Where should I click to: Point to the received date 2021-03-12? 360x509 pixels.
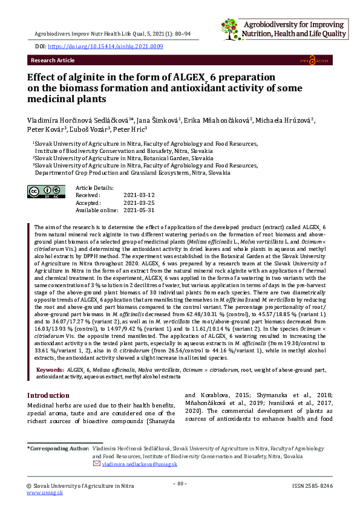coord(139,195)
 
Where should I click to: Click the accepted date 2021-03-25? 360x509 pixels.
coord(139,203)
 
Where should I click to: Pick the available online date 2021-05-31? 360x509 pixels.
coord(139,210)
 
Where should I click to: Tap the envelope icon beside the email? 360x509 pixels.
coord(96,464)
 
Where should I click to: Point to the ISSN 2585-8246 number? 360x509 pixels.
coord(312,485)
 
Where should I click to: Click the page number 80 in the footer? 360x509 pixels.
coord(180,484)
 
